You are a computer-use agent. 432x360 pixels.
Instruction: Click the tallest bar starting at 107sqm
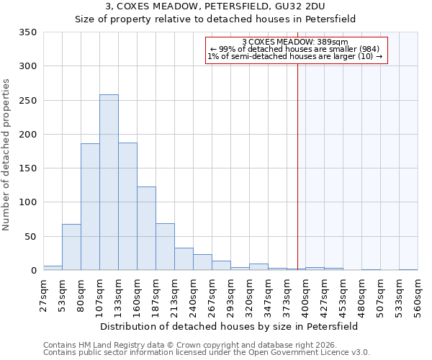tap(109, 182)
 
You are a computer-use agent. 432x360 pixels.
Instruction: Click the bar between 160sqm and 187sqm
tap(146, 228)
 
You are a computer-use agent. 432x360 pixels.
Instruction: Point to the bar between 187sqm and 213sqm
tap(165, 247)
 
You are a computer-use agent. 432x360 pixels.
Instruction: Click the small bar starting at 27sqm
tap(53, 268)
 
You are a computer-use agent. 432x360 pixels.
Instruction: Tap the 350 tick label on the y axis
tap(28, 32)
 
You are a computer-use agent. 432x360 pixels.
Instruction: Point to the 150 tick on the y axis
tap(28, 168)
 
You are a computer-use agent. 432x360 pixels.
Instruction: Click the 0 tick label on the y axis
tap(33, 271)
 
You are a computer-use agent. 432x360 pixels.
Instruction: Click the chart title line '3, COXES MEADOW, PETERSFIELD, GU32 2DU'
tap(216, 6)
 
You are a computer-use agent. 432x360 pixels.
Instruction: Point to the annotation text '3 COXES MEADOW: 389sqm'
tap(295, 42)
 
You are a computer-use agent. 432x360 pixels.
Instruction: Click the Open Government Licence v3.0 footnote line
tap(207, 352)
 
